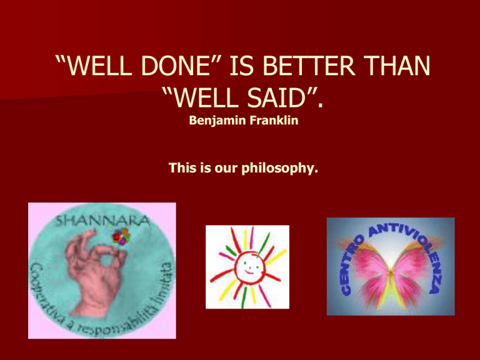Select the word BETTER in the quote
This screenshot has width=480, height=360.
tap(308, 66)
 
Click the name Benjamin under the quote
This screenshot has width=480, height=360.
tap(217, 120)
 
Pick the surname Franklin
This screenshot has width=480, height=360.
tap(274, 120)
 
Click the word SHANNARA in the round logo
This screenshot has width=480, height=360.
tap(103, 220)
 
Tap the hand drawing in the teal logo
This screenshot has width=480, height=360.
tap(93, 272)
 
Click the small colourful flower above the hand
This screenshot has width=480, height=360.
tap(121, 236)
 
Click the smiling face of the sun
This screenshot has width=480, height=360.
tap(249, 266)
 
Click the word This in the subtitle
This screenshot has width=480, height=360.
tap(182, 167)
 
